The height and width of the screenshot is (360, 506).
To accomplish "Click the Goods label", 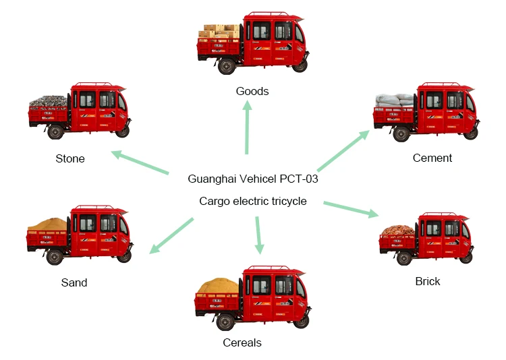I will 252,91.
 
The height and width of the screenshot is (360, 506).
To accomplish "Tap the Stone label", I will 70,159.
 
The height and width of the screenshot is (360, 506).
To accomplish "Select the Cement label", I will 432,158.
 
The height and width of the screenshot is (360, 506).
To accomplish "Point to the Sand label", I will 74,282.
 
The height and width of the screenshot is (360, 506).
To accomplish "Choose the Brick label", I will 428,281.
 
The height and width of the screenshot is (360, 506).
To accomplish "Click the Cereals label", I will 242,342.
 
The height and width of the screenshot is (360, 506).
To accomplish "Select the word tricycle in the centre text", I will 285,201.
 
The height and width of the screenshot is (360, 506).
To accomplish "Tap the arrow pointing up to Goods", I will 248,129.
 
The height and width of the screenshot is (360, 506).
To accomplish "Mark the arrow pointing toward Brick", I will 351,208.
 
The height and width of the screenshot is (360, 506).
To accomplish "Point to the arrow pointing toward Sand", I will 171,235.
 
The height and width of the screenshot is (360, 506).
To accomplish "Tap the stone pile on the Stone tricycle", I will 48,102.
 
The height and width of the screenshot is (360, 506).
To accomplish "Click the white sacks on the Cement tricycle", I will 395,100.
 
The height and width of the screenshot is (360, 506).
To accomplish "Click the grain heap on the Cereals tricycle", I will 217,286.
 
